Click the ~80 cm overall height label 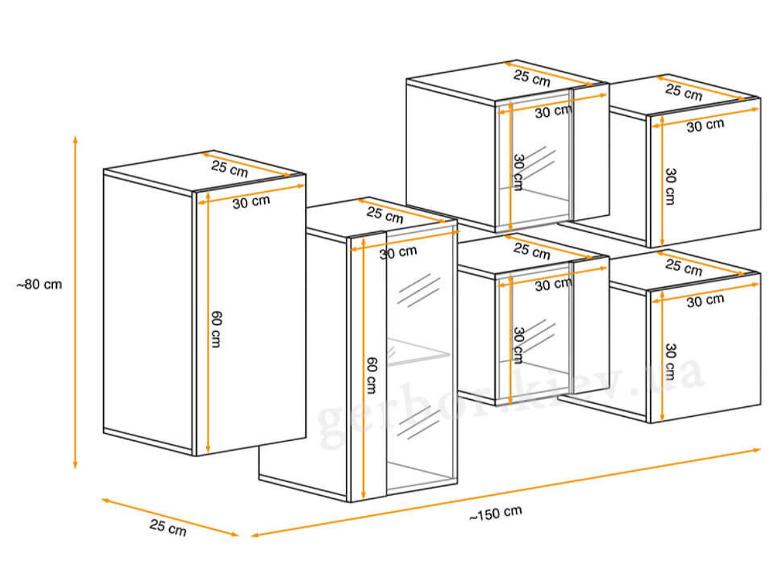(39, 285)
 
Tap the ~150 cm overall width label (495, 513)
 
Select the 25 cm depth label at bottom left (168, 528)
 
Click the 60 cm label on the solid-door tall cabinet (216, 329)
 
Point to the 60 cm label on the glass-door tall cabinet (371, 375)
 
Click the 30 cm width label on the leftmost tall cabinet (251, 202)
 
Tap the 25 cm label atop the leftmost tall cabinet (230, 168)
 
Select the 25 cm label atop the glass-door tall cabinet (384, 215)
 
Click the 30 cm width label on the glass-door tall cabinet (398, 252)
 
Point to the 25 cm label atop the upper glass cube (532, 78)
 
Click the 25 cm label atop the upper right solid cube (683, 92)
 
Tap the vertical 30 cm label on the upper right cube (671, 187)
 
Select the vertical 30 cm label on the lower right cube (671, 361)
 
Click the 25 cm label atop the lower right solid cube (683, 267)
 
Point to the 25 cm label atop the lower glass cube (532, 251)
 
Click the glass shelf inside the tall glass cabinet (418, 352)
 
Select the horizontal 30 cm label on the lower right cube (705, 301)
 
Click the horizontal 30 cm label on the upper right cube (705, 125)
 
